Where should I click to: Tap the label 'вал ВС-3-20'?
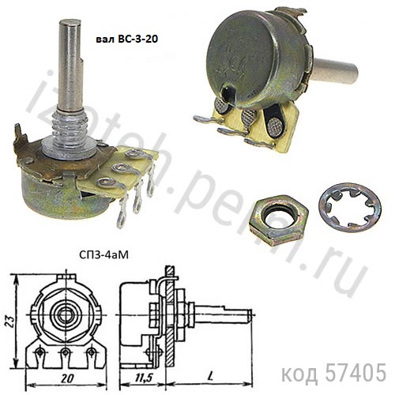tap(126, 39)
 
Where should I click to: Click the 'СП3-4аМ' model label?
tap(103, 255)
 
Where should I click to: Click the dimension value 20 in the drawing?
tap(67, 378)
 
